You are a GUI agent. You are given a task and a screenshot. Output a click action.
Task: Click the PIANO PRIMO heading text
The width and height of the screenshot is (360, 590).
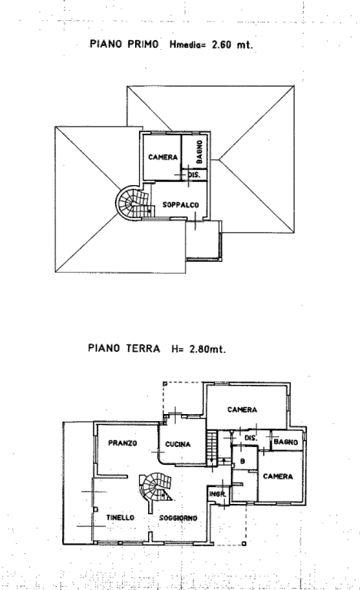(x=124, y=45)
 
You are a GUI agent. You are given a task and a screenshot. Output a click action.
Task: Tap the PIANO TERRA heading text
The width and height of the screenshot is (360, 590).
(x=124, y=348)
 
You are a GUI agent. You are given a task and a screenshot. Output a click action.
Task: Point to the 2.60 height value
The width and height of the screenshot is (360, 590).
(x=223, y=45)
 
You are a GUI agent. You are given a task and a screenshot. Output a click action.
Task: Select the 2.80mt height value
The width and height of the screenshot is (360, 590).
(x=207, y=349)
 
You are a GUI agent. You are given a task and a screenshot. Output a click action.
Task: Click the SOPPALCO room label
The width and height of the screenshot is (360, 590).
(x=180, y=205)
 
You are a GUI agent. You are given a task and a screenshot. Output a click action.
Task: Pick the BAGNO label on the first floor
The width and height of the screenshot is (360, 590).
(x=199, y=151)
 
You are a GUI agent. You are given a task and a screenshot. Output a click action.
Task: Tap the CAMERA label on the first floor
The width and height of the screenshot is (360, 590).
(x=163, y=157)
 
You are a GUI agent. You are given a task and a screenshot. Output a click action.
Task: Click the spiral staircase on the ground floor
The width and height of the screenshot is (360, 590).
(x=155, y=487)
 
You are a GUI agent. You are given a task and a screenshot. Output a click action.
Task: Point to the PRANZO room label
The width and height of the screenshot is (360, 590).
(x=123, y=442)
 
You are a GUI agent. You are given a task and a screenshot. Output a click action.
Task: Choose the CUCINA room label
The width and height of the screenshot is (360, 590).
(x=178, y=444)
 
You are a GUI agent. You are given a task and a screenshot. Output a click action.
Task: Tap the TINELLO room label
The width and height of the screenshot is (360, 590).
(x=120, y=518)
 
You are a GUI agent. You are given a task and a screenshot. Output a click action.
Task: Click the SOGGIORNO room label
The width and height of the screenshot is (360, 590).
(x=178, y=518)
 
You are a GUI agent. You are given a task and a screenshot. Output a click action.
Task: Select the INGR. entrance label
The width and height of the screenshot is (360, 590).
(x=217, y=494)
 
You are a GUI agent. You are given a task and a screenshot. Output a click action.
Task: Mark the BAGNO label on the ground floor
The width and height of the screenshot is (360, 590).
(x=286, y=442)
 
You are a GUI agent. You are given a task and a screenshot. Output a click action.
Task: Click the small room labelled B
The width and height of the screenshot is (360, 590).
(x=243, y=461)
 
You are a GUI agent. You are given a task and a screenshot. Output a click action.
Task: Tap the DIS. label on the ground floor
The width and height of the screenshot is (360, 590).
(x=250, y=438)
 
